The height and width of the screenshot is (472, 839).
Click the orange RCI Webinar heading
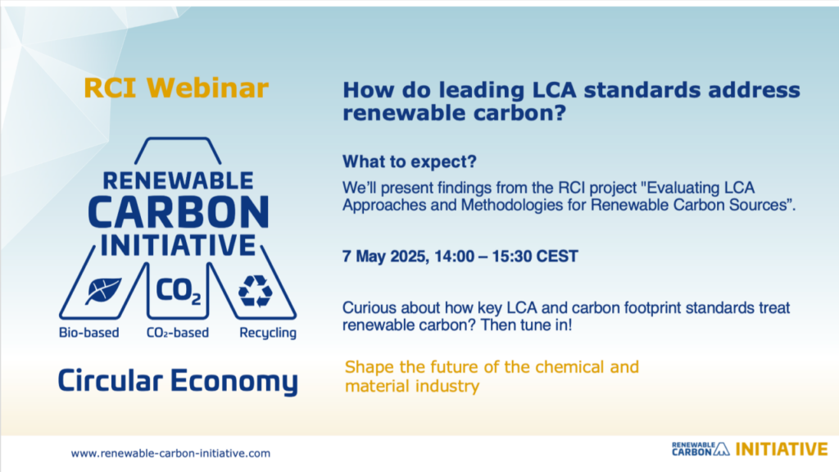pyautogui.click(x=176, y=88)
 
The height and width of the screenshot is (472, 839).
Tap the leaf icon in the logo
pyautogui.click(x=103, y=291)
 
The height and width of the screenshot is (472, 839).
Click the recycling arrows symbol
pyautogui.click(x=256, y=291)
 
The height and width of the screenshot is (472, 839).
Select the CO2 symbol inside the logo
pyautogui.click(x=179, y=291)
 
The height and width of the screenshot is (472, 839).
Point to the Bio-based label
pyautogui.click(x=88, y=333)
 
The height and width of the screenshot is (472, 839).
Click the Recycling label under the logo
pyautogui.click(x=268, y=333)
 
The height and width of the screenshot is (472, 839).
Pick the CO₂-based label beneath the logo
pyautogui.click(x=178, y=333)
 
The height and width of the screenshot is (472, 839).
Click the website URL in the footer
pyautogui.click(x=170, y=453)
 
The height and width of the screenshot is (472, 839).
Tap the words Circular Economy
pyautogui.click(x=178, y=382)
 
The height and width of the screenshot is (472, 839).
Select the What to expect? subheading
pyautogui.click(x=410, y=161)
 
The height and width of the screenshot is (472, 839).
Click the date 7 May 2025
pyautogui.click(x=384, y=256)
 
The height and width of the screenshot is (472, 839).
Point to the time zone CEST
pyautogui.click(x=557, y=256)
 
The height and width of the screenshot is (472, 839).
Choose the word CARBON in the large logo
pyautogui.click(x=178, y=212)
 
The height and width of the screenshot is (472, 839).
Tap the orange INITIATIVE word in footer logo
pyautogui.click(x=782, y=449)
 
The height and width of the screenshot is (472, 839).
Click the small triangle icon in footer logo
pyautogui.click(x=722, y=449)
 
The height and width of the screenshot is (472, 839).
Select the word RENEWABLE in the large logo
pyautogui.click(x=178, y=181)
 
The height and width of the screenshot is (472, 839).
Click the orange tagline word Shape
pyautogui.click(x=370, y=368)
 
